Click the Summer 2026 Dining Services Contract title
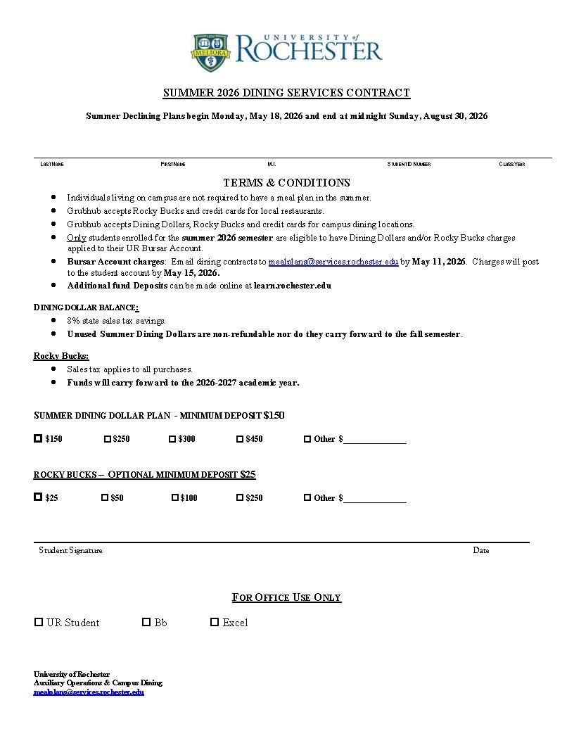(286, 93)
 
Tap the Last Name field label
(52, 164)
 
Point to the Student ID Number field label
(409, 164)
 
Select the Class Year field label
(512, 164)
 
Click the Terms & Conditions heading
(286, 183)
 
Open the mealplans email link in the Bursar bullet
(333, 262)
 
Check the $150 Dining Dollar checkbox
(38, 438)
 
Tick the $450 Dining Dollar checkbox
(240, 439)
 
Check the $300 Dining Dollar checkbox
(172, 439)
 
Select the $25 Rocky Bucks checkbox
(38, 497)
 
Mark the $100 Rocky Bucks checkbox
(175, 497)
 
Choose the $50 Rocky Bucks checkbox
(105, 497)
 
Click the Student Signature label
(70, 550)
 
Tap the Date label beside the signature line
(481, 550)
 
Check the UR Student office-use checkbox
(39, 622)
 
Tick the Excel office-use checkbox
(215, 622)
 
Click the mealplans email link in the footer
(89, 692)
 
